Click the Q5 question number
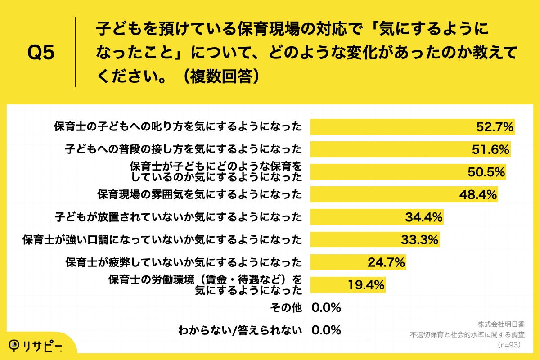[x=41, y=53]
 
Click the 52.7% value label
[x=495, y=127]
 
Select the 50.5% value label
[x=486, y=172]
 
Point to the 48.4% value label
[x=478, y=195]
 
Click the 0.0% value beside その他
[x=326, y=308]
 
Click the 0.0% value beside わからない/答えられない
[x=326, y=330]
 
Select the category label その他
[x=286, y=308]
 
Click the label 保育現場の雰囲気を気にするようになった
[x=199, y=195]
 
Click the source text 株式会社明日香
[x=501, y=324]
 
